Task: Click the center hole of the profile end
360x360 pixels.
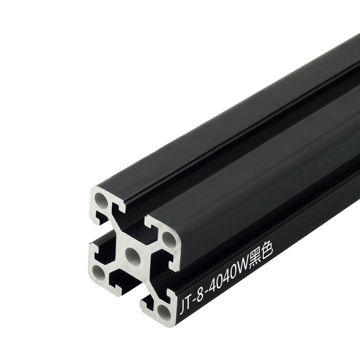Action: [133, 256]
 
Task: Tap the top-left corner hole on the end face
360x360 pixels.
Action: [101, 199]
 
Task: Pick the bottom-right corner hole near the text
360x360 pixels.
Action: [165, 312]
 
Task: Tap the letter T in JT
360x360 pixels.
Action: [188, 303]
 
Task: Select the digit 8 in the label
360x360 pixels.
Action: [200, 295]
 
